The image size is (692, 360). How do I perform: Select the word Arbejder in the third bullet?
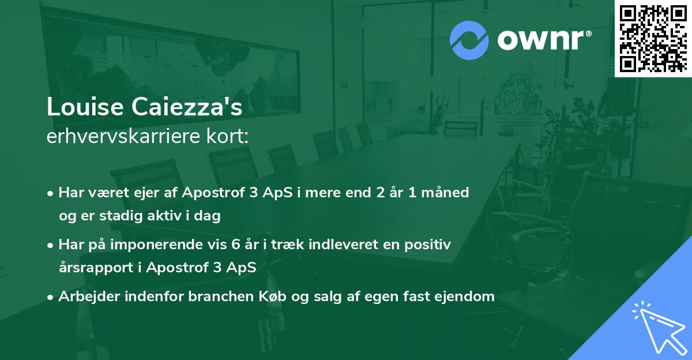tap(85, 297)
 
